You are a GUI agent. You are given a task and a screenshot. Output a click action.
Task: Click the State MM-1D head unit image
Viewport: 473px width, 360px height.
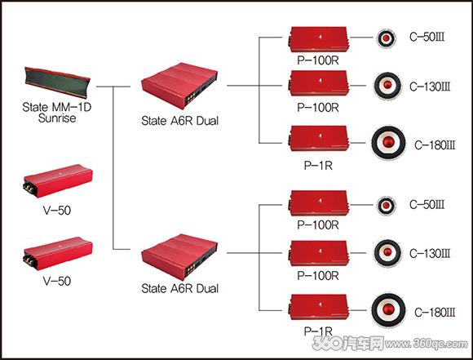[x=57, y=82]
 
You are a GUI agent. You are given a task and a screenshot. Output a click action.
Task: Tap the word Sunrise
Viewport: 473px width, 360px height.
[x=57, y=118]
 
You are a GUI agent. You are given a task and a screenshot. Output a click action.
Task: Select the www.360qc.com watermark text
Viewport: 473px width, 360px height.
[x=427, y=344]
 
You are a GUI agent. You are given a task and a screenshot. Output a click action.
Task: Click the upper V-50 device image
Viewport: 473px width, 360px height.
[x=58, y=180]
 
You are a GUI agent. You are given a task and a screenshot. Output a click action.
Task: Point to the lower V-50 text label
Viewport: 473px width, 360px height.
[x=57, y=281]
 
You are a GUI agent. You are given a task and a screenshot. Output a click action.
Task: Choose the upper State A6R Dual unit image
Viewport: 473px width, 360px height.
[x=179, y=86]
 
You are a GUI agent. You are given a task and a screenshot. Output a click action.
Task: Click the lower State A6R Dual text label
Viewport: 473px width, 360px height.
[x=179, y=288]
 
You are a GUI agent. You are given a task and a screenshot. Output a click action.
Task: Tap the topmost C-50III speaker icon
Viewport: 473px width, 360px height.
[x=386, y=38]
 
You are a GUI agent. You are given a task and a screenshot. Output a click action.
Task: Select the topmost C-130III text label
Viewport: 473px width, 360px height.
[x=430, y=87]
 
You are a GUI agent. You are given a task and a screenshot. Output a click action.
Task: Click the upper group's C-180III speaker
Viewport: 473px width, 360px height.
[x=388, y=143]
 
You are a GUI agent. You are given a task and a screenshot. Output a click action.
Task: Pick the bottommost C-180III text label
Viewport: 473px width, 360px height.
[x=435, y=313]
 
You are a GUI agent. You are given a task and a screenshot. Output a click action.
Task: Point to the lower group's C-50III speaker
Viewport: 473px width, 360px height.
[x=386, y=206]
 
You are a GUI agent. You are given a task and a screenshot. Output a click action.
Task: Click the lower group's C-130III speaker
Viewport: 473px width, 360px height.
[x=387, y=252]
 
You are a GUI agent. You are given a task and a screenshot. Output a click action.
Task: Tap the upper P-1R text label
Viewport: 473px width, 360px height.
[x=318, y=166]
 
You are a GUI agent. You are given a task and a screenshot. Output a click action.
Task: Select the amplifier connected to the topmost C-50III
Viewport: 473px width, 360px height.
[x=319, y=39]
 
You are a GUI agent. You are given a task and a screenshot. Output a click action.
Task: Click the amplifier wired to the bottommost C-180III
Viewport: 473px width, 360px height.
[x=319, y=307]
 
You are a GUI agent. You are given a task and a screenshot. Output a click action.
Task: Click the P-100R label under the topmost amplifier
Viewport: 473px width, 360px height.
[x=318, y=60]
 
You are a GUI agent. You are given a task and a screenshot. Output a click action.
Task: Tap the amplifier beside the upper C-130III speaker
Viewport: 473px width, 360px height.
[x=319, y=83]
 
